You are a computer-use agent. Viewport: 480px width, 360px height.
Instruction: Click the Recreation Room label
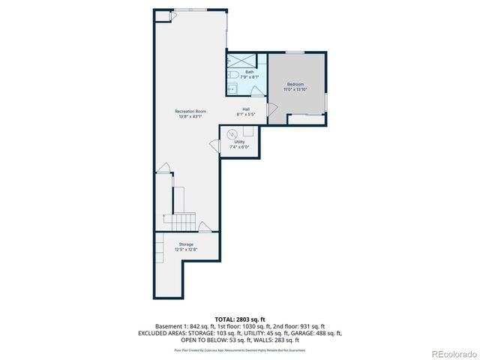click(190, 111)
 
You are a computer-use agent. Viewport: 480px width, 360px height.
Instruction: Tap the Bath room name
click(238, 72)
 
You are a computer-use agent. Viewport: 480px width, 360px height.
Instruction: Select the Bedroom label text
click(295, 84)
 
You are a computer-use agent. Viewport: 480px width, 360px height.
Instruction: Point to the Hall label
click(246, 109)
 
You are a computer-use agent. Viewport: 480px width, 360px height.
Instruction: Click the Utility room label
click(239, 142)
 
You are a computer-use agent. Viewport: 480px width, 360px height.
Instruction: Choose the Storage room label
click(184, 244)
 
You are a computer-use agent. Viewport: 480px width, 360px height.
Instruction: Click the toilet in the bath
click(233, 76)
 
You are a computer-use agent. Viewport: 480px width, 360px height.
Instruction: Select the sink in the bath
click(231, 89)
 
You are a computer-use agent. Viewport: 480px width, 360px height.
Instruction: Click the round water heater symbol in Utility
click(232, 134)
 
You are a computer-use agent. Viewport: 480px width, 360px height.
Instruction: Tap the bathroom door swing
click(255, 91)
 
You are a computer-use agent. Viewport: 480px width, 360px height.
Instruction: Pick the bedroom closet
click(306, 118)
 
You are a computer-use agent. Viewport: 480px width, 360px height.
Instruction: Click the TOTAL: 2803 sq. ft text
click(239, 319)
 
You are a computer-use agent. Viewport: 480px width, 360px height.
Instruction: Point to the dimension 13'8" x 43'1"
click(190, 116)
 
